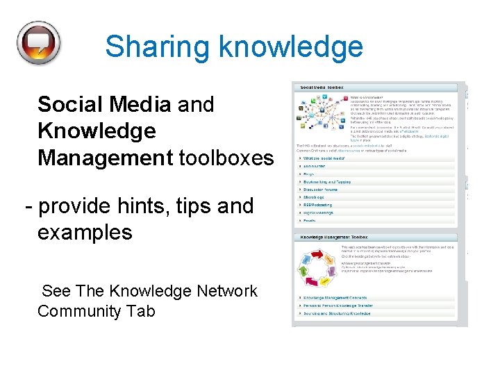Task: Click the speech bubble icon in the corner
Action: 39,42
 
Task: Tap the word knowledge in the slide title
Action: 291,47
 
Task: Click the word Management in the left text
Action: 105,158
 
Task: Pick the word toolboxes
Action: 226,158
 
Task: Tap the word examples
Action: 85,232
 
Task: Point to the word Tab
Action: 141,310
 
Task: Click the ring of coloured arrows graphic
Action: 317,269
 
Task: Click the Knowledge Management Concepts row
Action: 336,297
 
